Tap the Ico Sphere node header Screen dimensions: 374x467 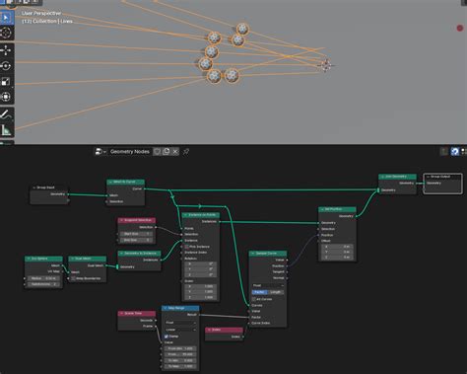point(42,259)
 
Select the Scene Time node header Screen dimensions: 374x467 point(136,313)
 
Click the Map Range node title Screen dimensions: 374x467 point(180,308)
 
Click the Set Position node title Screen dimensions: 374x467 point(336,209)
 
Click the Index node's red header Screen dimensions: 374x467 point(225,330)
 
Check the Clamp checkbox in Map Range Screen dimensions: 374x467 point(167,337)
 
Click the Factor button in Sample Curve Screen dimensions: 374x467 point(259,291)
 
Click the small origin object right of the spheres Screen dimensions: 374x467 point(325,66)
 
